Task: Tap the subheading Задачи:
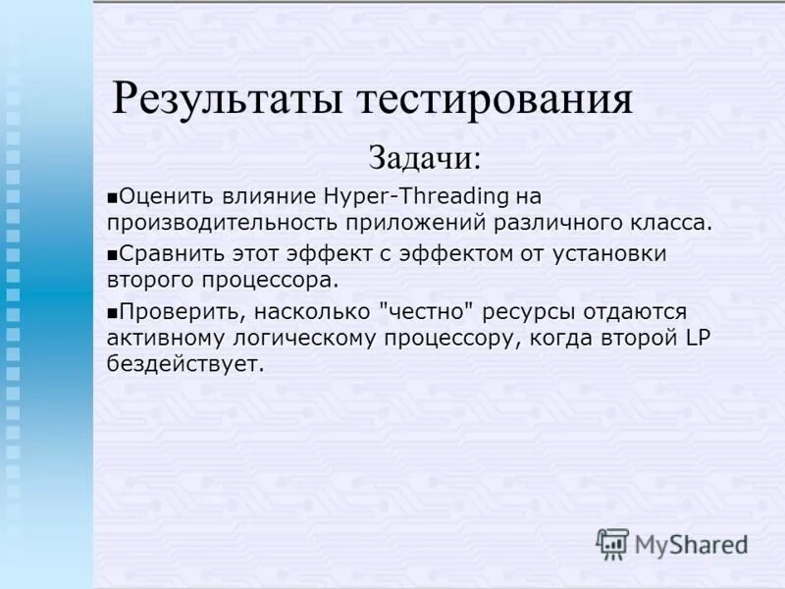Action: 425,157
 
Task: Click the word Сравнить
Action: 170,253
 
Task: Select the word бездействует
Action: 185,364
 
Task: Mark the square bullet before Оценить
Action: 113,197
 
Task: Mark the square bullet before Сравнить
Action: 113,254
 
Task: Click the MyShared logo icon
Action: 612,543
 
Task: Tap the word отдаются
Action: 636,311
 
